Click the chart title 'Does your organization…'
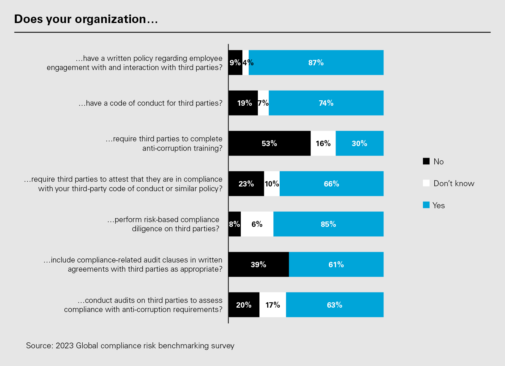point(86,19)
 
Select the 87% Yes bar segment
point(316,62)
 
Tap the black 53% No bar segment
point(269,143)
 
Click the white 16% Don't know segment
point(323,143)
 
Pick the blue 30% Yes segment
point(359,143)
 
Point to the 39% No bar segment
point(258,264)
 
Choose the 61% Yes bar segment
point(336,264)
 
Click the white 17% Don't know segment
point(273,305)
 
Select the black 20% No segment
point(244,305)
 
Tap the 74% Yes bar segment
point(326,103)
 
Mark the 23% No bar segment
point(246,184)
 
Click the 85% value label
point(328,224)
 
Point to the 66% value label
point(331,184)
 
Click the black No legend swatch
point(426,161)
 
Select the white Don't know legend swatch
point(426,183)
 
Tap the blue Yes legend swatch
point(426,205)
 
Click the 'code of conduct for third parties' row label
point(150,103)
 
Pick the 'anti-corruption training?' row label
point(182,148)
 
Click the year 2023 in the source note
point(65,345)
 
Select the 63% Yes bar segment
point(335,305)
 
